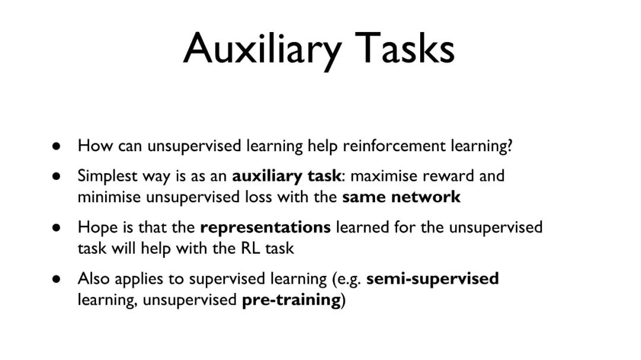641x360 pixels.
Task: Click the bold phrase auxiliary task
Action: pos(286,176)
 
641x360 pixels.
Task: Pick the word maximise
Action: pos(384,176)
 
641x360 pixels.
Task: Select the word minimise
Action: pos(109,197)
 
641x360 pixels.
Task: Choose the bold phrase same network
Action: pos(401,197)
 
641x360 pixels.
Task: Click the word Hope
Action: pos(95,228)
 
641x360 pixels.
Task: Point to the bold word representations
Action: pos(265,228)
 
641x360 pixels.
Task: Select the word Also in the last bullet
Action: pos(94,279)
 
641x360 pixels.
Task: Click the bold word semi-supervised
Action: pos(433,279)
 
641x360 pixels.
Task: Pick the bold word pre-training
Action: pos(291,300)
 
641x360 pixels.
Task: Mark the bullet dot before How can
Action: pos(56,146)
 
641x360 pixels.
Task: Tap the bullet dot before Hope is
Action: pos(56,228)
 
